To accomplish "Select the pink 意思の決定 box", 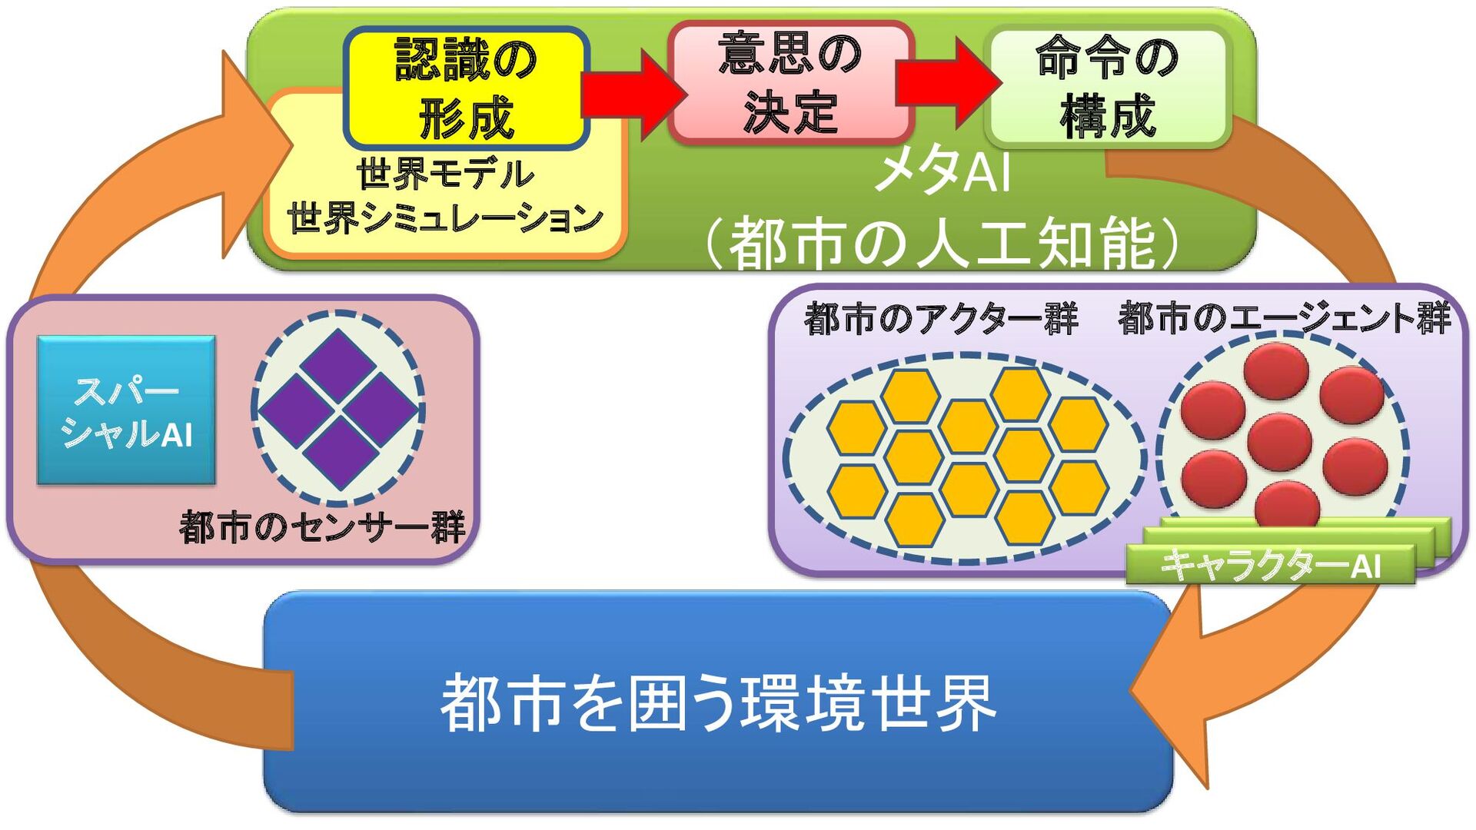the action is click(790, 82).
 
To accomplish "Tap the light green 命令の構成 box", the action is click(1107, 86).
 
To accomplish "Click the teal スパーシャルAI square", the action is click(126, 410).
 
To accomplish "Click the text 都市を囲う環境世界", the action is click(718, 703).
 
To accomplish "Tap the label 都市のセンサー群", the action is click(323, 528).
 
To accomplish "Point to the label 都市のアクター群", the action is click(941, 318).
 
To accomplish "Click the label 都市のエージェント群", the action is click(1284, 318).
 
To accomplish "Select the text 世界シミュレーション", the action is click(444, 218).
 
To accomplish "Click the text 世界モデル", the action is click(444, 174).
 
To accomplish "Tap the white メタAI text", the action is click(942, 171).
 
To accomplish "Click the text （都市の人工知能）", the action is click(942, 244).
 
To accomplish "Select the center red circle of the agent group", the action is click(1279, 442).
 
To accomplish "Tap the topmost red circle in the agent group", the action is click(1276, 371).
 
